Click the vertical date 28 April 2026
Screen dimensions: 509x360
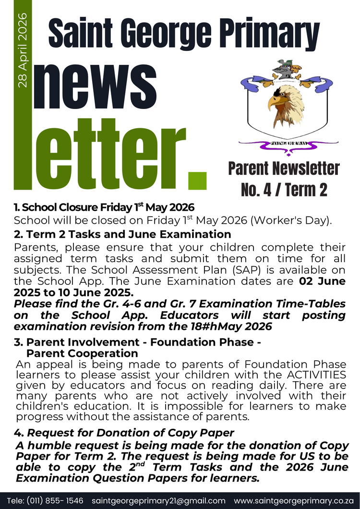[x=23, y=51]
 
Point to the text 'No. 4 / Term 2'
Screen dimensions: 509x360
[x=284, y=190]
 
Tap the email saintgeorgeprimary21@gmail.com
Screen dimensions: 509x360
[x=158, y=500]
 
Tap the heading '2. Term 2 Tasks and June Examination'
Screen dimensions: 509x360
[x=122, y=234]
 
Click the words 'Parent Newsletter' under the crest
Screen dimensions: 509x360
[x=284, y=169]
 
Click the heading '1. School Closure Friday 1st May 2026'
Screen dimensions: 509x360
[x=104, y=207]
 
